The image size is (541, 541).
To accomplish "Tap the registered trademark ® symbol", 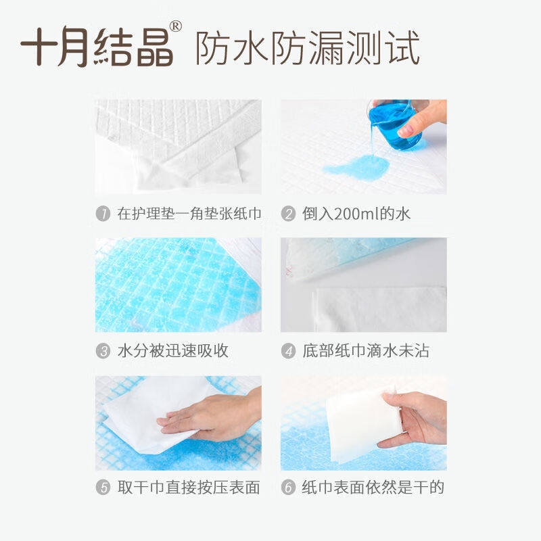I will coord(175,26).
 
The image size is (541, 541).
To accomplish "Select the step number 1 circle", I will coord(103,214).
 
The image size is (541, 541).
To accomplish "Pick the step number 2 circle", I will coord(289,214).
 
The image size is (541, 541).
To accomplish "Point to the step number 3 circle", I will coord(103,351).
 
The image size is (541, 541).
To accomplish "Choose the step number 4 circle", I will coord(289,351).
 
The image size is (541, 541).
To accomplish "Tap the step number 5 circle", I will coord(103,488).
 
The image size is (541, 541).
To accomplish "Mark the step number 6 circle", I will coord(289,488).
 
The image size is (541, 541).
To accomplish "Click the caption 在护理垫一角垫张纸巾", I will coord(189,214).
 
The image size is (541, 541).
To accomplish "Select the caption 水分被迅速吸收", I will coord(172,351).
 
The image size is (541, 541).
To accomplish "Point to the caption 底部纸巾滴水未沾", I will coord(366,351).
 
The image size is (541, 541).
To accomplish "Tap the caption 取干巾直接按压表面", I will coord(189,488).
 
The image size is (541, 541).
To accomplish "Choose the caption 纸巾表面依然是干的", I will coord(373,488).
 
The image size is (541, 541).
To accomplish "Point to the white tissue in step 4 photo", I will coord(379,308).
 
